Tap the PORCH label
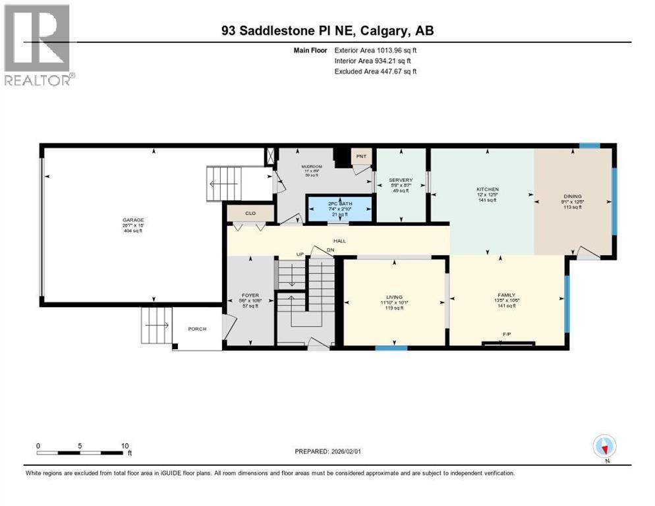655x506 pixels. coord(196,329)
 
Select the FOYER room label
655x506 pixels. coord(250,295)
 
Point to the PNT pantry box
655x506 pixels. coord(361,157)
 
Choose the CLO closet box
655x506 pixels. coord(250,213)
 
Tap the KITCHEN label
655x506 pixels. coord(488,190)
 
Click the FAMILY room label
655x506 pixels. coord(506,295)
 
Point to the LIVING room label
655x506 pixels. coord(394,297)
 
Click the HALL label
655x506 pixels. coord(339,241)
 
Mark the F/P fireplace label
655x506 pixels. coord(507,335)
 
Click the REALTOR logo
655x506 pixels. coord(39,45)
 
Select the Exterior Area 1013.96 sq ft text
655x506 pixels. coord(376,49)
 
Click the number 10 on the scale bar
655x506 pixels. coord(125,445)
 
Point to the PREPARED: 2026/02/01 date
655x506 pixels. coord(328,451)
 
